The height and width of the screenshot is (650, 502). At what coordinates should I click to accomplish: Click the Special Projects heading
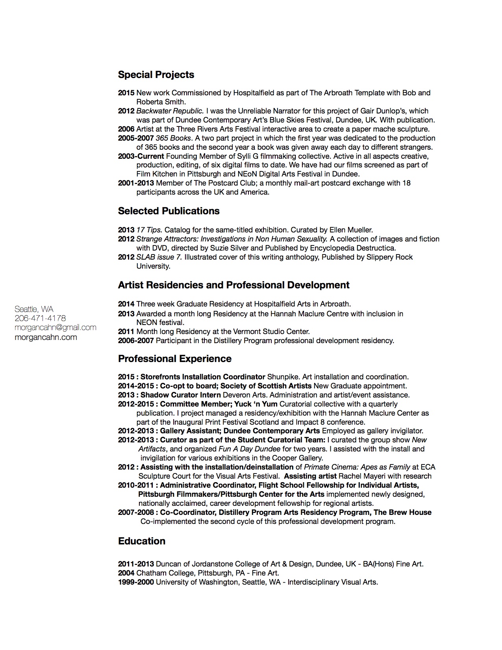click(x=156, y=75)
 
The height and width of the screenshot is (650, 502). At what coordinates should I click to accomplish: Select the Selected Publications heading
click(x=169, y=211)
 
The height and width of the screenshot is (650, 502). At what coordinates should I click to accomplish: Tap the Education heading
click(x=141, y=541)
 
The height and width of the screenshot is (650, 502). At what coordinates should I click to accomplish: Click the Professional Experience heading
click(x=174, y=359)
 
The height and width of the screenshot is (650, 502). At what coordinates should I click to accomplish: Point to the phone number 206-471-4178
click(x=40, y=318)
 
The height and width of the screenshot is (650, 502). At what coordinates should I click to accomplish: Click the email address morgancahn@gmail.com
click(x=56, y=328)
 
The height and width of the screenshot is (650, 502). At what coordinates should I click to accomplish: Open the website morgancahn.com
click(x=46, y=338)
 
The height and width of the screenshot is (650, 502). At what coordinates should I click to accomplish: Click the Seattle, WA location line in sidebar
click(x=34, y=309)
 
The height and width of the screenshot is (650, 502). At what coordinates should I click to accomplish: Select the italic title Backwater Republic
click(x=170, y=111)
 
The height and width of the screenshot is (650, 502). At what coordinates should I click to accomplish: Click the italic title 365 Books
click(x=173, y=138)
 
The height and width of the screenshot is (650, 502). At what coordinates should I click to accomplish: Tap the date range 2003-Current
click(x=141, y=156)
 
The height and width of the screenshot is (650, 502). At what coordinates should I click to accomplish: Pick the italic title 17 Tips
click(x=149, y=230)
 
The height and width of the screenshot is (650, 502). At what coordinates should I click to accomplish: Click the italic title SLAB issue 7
click(x=159, y=257)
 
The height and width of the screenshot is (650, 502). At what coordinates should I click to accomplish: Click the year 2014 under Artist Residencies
click(x=126, y=304)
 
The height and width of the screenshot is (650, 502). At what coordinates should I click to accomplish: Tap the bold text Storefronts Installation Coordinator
click(x=203, y=377)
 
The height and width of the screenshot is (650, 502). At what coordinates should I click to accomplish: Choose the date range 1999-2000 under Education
click(x=136, y=582)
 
